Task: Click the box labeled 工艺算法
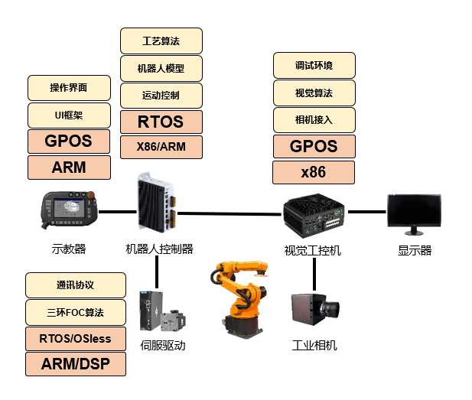coord(161,41)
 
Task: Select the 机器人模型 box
coord(161,68)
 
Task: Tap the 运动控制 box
coord(161,96)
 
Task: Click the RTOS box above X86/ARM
coord(161,121)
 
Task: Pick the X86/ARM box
coord(161,146)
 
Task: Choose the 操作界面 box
coord(69,88)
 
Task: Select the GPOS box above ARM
coord(69,141)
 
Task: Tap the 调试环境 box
coord(314,65)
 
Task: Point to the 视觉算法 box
coord(314,93)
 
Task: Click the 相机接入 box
coord(314,119)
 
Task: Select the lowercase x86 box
coord(314,172)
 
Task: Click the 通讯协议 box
coord(75,285)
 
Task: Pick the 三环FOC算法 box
coord(75,311)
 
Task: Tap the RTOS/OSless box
coord(75,337)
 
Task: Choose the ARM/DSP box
coord(75,364)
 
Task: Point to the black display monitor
coord(414,213)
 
